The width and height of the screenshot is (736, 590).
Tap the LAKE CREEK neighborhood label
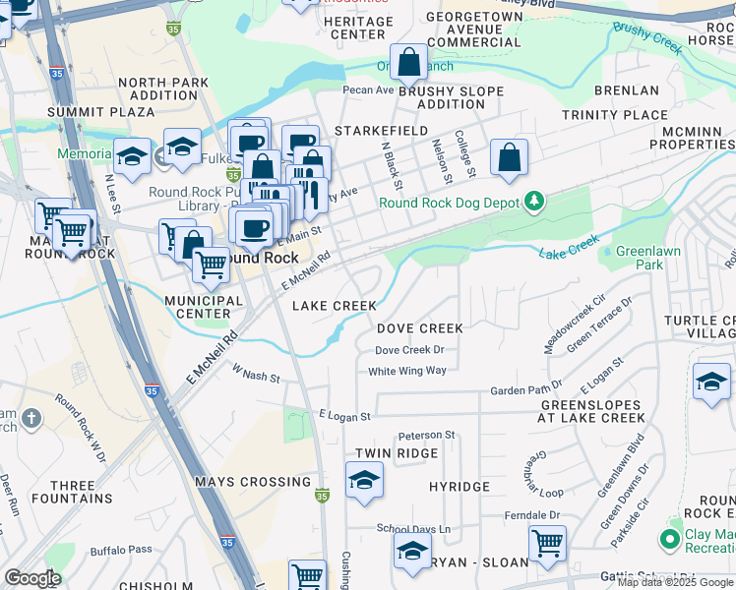tap(335, 306)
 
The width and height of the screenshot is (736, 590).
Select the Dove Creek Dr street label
tap(409, 350)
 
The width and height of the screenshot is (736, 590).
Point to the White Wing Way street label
tap(407, 371)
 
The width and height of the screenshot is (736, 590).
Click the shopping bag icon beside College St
tap(509, 157)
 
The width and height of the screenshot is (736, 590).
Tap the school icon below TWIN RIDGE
tap(364, 481)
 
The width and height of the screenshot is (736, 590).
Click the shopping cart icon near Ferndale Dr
tap(547, 542)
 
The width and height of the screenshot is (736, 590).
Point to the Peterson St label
tap(426, 435)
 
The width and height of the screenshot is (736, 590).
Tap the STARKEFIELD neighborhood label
tap(381, 131)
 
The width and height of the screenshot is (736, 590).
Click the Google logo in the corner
tap(32, 578)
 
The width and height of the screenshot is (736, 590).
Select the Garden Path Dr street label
tap(526, 389)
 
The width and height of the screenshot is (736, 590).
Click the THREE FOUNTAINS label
tap(73, 492)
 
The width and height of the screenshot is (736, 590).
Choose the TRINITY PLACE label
tap(615, 115)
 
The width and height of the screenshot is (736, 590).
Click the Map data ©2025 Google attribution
tap(675, 582)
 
